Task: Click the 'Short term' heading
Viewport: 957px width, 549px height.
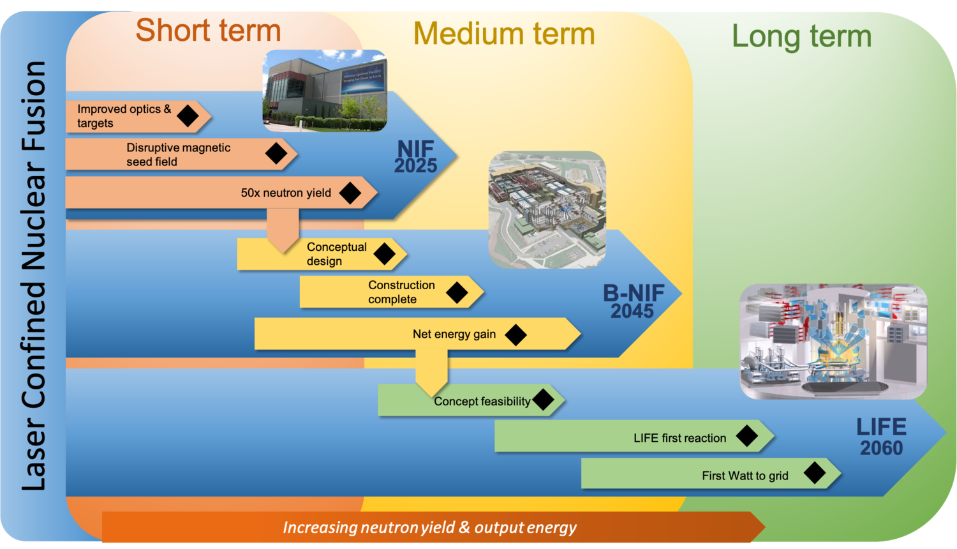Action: tap(208, 31)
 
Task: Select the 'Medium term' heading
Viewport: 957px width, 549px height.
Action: tap(504, 34)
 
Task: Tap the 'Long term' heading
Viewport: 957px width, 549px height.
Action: tap(801, 36)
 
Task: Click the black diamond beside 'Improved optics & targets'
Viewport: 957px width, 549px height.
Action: tap(188, 116)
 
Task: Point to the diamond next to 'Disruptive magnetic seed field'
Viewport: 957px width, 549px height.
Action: tap(276, 153)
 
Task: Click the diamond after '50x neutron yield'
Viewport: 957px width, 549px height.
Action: tap(350, 193)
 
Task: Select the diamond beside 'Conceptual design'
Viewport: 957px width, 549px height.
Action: tap(384, 253)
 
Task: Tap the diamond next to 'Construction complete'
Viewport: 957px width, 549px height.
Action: tap(457, 292)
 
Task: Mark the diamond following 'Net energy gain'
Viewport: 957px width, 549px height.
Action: tap(516, 334)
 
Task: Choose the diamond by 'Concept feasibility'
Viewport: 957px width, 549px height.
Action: tap(543, 400)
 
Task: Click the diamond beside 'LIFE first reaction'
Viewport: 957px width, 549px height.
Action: tap(746, 436)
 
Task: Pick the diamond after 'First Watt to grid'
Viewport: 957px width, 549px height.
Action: tap(815, 473)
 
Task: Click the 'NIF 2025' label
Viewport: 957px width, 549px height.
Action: tap(415, 157)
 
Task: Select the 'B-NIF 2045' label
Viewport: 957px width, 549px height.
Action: tap(633, 301)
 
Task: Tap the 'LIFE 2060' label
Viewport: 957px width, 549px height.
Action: tap(881, 437)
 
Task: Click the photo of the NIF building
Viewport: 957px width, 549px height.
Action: tap(325, 91)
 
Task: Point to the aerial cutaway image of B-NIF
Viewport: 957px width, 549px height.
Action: tap(547, 209)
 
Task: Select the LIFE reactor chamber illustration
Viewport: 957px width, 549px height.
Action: tap(833, 342)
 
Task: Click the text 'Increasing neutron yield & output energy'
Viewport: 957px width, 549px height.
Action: tap(429, 527)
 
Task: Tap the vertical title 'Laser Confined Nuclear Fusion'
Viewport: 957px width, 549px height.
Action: tap(34, 276)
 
